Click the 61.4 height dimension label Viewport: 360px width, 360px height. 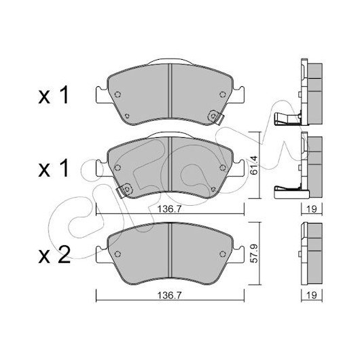[255, 165]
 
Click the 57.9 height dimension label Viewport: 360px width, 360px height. [255, 253]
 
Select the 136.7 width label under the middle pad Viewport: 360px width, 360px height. [169, 209]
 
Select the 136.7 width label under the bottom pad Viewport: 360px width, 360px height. [169, 295]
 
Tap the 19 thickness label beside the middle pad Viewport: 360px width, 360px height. [312, 209]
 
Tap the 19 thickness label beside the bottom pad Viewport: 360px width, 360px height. [312, 295]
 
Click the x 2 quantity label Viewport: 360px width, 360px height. [54, 255]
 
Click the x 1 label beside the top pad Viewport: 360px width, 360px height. [54, 95]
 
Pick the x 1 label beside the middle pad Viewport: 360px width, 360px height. [54, 168]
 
